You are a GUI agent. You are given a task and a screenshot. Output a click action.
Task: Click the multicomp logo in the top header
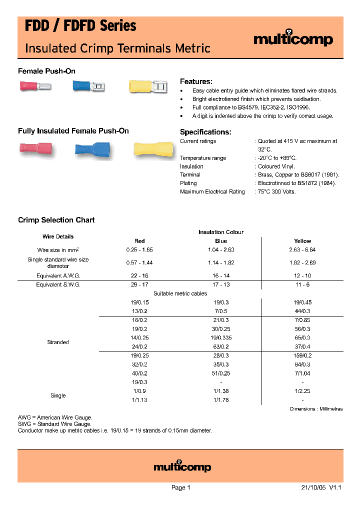tap(293, 40)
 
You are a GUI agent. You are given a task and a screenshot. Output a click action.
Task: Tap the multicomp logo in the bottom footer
tap(182, 467)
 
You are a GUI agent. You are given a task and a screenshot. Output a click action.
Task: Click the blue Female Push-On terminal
tap(88, 87)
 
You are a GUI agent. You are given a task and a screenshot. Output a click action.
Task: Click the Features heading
tap(196, 81)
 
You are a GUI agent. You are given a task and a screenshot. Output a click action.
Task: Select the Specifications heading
tap(205, 132)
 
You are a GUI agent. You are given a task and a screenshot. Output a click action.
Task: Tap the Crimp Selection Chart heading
tap(56, 220)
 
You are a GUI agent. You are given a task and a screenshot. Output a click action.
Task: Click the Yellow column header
tap(302, 241)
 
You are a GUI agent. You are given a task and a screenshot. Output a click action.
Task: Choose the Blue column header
tap(221, 241)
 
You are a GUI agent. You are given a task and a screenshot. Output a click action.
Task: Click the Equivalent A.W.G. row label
tap(58, 275)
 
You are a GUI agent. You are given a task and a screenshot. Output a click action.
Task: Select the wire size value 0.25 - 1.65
tap(139, 249)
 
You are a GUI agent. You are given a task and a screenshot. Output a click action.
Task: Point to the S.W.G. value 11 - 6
tap(302, 284)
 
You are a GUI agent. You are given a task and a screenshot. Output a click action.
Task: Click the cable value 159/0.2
tap(302, 355)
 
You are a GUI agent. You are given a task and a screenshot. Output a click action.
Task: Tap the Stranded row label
tap(58, 342)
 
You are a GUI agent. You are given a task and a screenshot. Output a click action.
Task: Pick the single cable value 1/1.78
tap(221, 400)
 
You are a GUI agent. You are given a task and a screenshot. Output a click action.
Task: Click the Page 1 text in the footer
tap(180, 487)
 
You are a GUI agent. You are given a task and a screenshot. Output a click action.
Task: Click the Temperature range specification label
tap(203, 158)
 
